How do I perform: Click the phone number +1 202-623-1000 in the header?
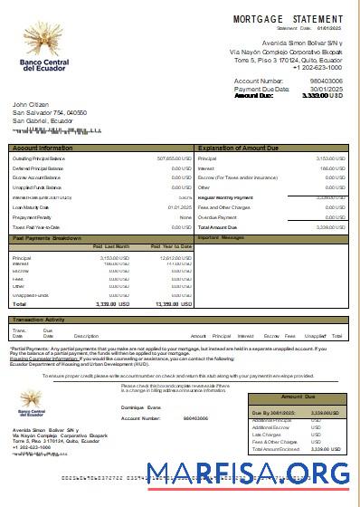click(317, 67)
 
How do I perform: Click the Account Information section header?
click(43, 147)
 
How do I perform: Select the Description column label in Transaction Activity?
click(86, 336)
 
